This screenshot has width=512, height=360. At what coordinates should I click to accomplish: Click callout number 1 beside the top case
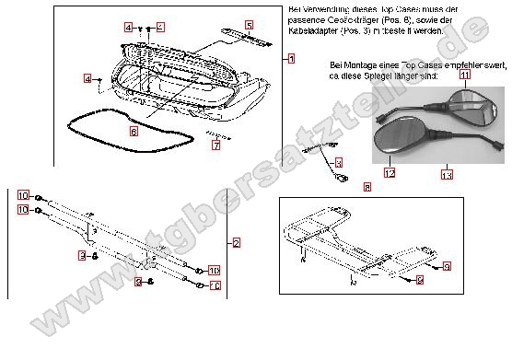pyautogui.click(x=291, y=58)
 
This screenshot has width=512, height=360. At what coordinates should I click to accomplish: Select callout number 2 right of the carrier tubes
pyautogui.click(x=237, y=243)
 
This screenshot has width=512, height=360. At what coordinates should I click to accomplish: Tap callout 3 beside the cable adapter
pyautogui.click(x=338, y=162)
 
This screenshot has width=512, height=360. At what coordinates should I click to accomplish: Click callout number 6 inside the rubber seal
pyautogui.click(x=134, y=132)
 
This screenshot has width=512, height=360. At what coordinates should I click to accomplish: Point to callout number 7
pyautogui.click(x=215, y=145)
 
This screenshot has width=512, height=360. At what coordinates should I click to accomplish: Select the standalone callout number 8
pyautogui.click(x=367, y=187)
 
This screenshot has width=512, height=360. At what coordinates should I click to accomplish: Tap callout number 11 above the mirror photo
pyautogui.click(x=464, y=87)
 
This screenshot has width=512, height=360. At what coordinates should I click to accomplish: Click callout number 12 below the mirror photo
pyautogui.click(x=390, y=172)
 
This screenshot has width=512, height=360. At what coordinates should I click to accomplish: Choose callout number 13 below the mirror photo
pyautogui.click(x=447, y=172)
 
